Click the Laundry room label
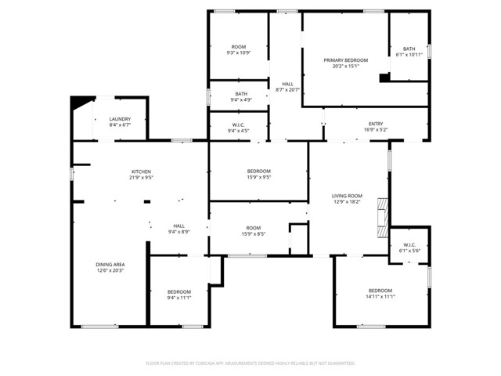[120, 119]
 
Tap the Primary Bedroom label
[345, 60]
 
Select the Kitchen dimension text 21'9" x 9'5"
[141, 178]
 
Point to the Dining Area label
[110, 265]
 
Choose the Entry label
[376, 123]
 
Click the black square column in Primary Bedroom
[384, 78]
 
